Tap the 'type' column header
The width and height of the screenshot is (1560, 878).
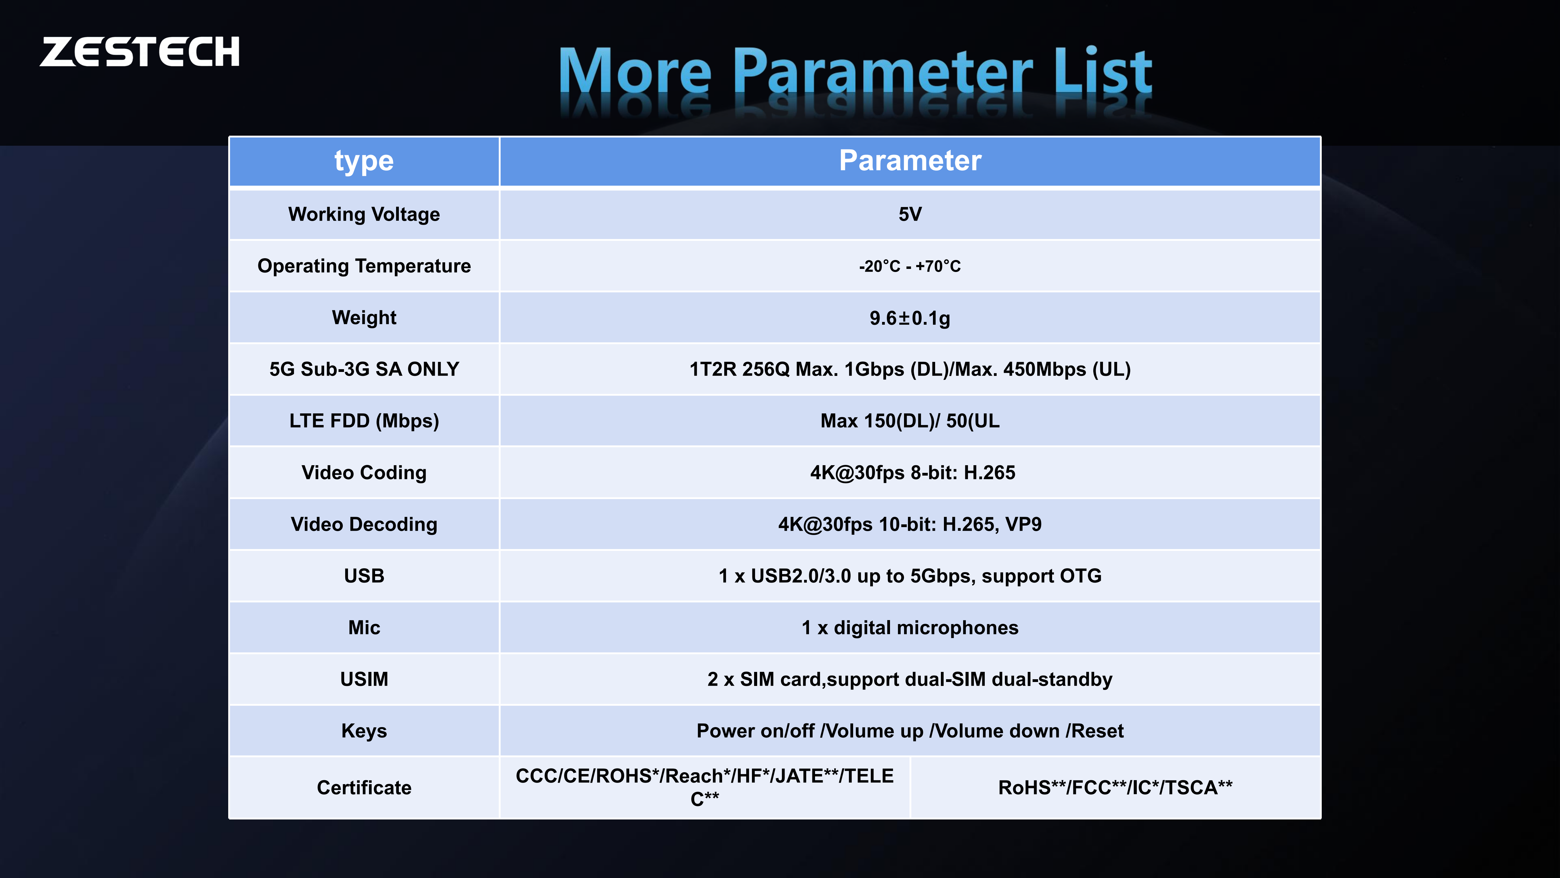tap(364, 161)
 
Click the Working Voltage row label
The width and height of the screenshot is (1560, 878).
tap(364, 215)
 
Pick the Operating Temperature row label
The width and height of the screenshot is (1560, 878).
tap(364, 266)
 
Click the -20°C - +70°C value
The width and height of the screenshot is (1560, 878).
tap(909, 266)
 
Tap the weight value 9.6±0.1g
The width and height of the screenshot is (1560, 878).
tap(909, 318)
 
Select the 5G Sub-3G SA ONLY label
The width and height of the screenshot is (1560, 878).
tap(364, 369)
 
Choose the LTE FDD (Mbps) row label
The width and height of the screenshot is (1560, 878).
tap(364, 421)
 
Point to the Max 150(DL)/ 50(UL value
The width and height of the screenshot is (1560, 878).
tap(909, 421)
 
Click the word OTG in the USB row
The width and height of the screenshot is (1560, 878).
tap(1081, 576)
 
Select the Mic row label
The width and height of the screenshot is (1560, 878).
tap(364, 628)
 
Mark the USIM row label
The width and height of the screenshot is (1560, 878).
tap(364, 679)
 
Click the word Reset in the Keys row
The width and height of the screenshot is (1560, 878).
tap(1097, 731)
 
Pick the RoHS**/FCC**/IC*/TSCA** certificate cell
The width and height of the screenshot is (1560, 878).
tap(1115, 788)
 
